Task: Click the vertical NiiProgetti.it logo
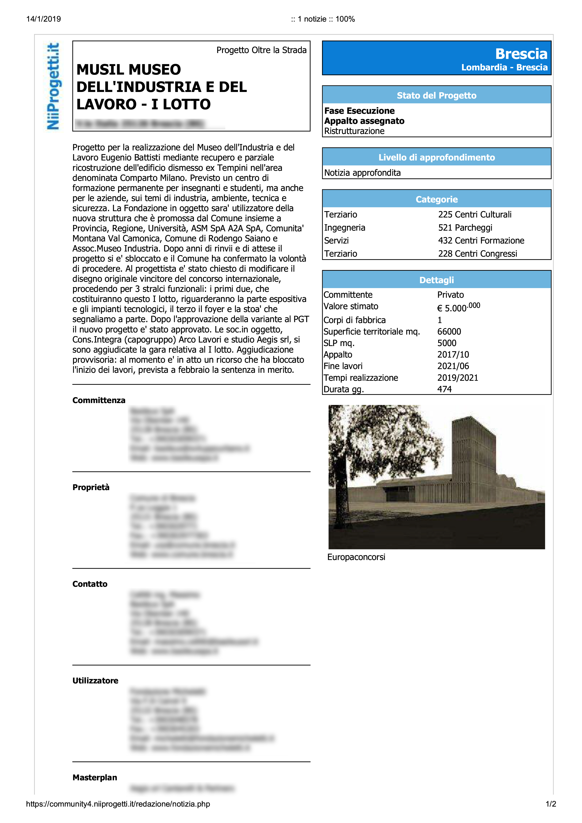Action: coord(53,86)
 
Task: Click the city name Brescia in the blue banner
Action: coord(521,54)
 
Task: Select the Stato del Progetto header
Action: coord(436,95)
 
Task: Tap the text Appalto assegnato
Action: coord(364,121)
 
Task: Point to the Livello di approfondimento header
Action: coord(436,157)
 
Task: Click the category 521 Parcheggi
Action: coord(465,228)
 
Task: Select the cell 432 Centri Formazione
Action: coord(481,240)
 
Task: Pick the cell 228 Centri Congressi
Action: coord(477,254)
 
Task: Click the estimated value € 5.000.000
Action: coord(458,307)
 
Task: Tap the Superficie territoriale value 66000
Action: coord(449,331)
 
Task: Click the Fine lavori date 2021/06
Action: coord(453,366)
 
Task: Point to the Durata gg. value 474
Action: coord(444,389)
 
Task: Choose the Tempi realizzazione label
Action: coord(360,378)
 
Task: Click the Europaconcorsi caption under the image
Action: coord(356,557)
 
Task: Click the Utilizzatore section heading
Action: coord(95,681)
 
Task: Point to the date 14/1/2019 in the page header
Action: coord(43,19)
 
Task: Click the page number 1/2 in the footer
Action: coord(551,804)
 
